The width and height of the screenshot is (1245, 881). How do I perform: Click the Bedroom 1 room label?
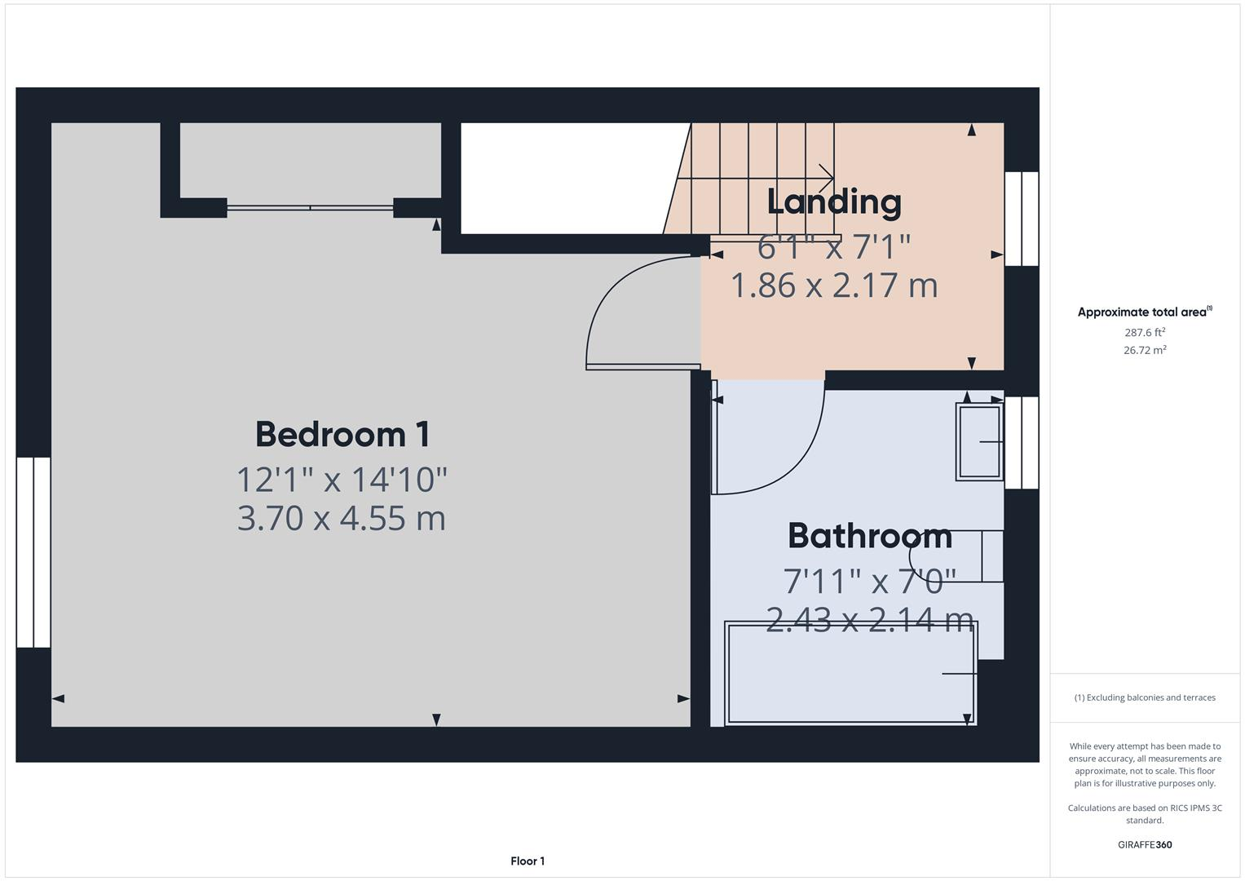[x=342, y=434]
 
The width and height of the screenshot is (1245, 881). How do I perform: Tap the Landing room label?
[x=833, y=202]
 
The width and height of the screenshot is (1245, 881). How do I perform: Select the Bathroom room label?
[x=869, y=536]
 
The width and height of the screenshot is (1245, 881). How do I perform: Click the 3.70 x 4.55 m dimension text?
[x=342, y=519]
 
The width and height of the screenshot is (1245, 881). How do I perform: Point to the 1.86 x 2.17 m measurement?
[x=833, y=286]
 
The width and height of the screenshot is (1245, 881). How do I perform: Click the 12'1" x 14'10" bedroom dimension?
[x=342, y=479]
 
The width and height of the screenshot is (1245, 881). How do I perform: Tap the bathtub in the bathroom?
[x=850, y=673]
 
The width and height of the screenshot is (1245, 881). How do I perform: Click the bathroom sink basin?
[x=979, y=441]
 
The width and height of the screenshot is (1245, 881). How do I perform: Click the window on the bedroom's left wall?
[x=33, y=552]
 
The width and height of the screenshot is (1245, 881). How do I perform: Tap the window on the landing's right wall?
[x=1021, y=219]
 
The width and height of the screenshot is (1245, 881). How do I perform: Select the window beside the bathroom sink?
[x=1021, y=442]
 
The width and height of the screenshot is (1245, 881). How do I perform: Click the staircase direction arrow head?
[x=828, y=177]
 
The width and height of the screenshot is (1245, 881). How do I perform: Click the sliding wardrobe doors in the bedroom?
[x=310, y=208]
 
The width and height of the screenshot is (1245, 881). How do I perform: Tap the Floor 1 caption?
[x=528, y=861]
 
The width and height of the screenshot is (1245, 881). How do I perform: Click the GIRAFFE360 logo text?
[x=1144, y=844]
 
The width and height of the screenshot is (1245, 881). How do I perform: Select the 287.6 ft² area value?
[x=1144, y=332]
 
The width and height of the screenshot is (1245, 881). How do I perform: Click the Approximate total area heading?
[x=1144, y=312]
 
